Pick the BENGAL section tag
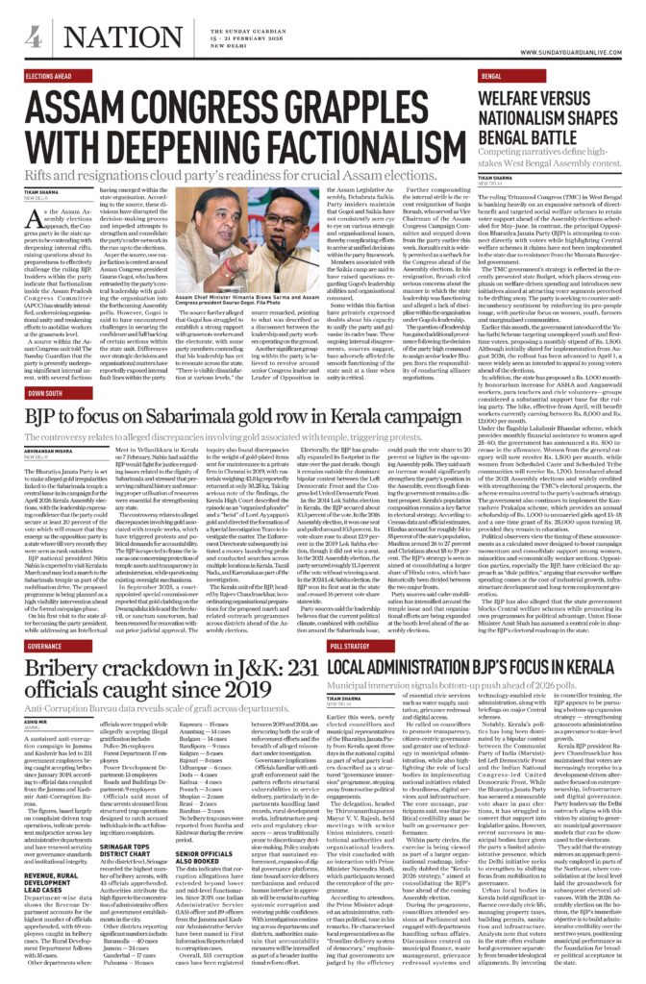coord(493,74)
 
